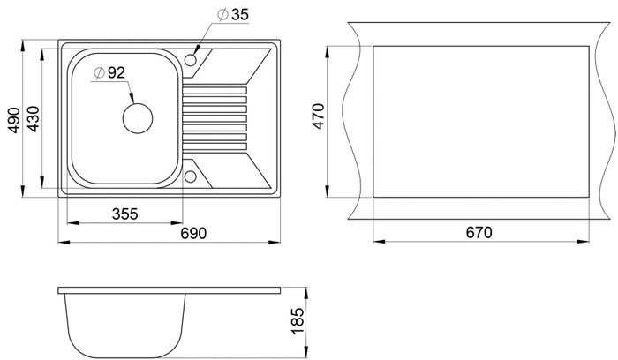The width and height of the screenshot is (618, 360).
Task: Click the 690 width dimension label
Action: [193, 233]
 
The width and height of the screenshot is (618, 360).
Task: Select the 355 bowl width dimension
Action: [125, 214]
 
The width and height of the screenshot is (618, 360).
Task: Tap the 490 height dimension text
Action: [14, 120]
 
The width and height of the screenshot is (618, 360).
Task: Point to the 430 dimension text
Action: [34, 118]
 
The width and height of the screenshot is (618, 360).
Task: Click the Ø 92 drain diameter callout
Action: [109, 72]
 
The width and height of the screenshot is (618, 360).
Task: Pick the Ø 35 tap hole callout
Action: [233, 15]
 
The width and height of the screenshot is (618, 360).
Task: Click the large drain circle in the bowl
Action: [138, 118]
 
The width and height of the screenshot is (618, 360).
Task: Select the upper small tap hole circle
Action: [191, 60]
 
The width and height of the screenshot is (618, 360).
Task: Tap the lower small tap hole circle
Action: [191, 176]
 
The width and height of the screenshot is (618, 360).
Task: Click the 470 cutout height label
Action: [318, 116]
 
